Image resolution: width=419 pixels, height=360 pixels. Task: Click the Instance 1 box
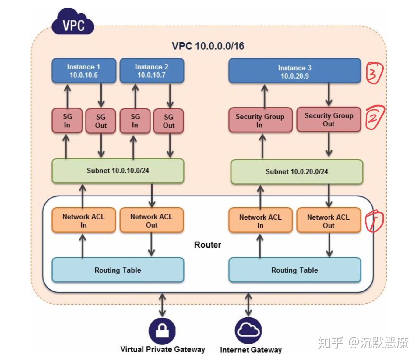[84, 71]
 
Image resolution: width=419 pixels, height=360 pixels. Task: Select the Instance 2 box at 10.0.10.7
[152, 71]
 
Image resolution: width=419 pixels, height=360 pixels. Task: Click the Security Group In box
[260, 120]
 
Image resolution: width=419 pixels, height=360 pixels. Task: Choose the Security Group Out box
[329, 119]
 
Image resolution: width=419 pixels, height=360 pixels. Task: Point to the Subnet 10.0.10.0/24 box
[118, 171]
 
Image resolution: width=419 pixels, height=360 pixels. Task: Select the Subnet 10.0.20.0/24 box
[297, 171]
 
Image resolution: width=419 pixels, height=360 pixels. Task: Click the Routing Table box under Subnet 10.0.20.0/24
[294, 270]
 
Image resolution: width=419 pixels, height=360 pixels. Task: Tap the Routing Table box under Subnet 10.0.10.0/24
[118, 270]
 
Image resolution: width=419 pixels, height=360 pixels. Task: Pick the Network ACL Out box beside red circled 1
[329, 221]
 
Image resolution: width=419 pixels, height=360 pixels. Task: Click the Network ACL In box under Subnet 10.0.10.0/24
[83, 221]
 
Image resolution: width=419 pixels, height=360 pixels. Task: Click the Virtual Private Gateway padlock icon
[162, 331]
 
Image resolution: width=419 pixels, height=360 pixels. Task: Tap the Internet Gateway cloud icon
[248, 330]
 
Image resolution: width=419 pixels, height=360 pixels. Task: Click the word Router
[208, 245]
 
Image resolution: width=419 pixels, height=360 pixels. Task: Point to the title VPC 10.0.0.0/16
[208, 46]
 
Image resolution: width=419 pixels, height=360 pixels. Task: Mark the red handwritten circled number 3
[374, 72]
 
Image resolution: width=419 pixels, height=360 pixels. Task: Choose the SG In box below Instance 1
[67, 121]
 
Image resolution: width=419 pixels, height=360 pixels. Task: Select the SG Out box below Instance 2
[168, 121]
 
